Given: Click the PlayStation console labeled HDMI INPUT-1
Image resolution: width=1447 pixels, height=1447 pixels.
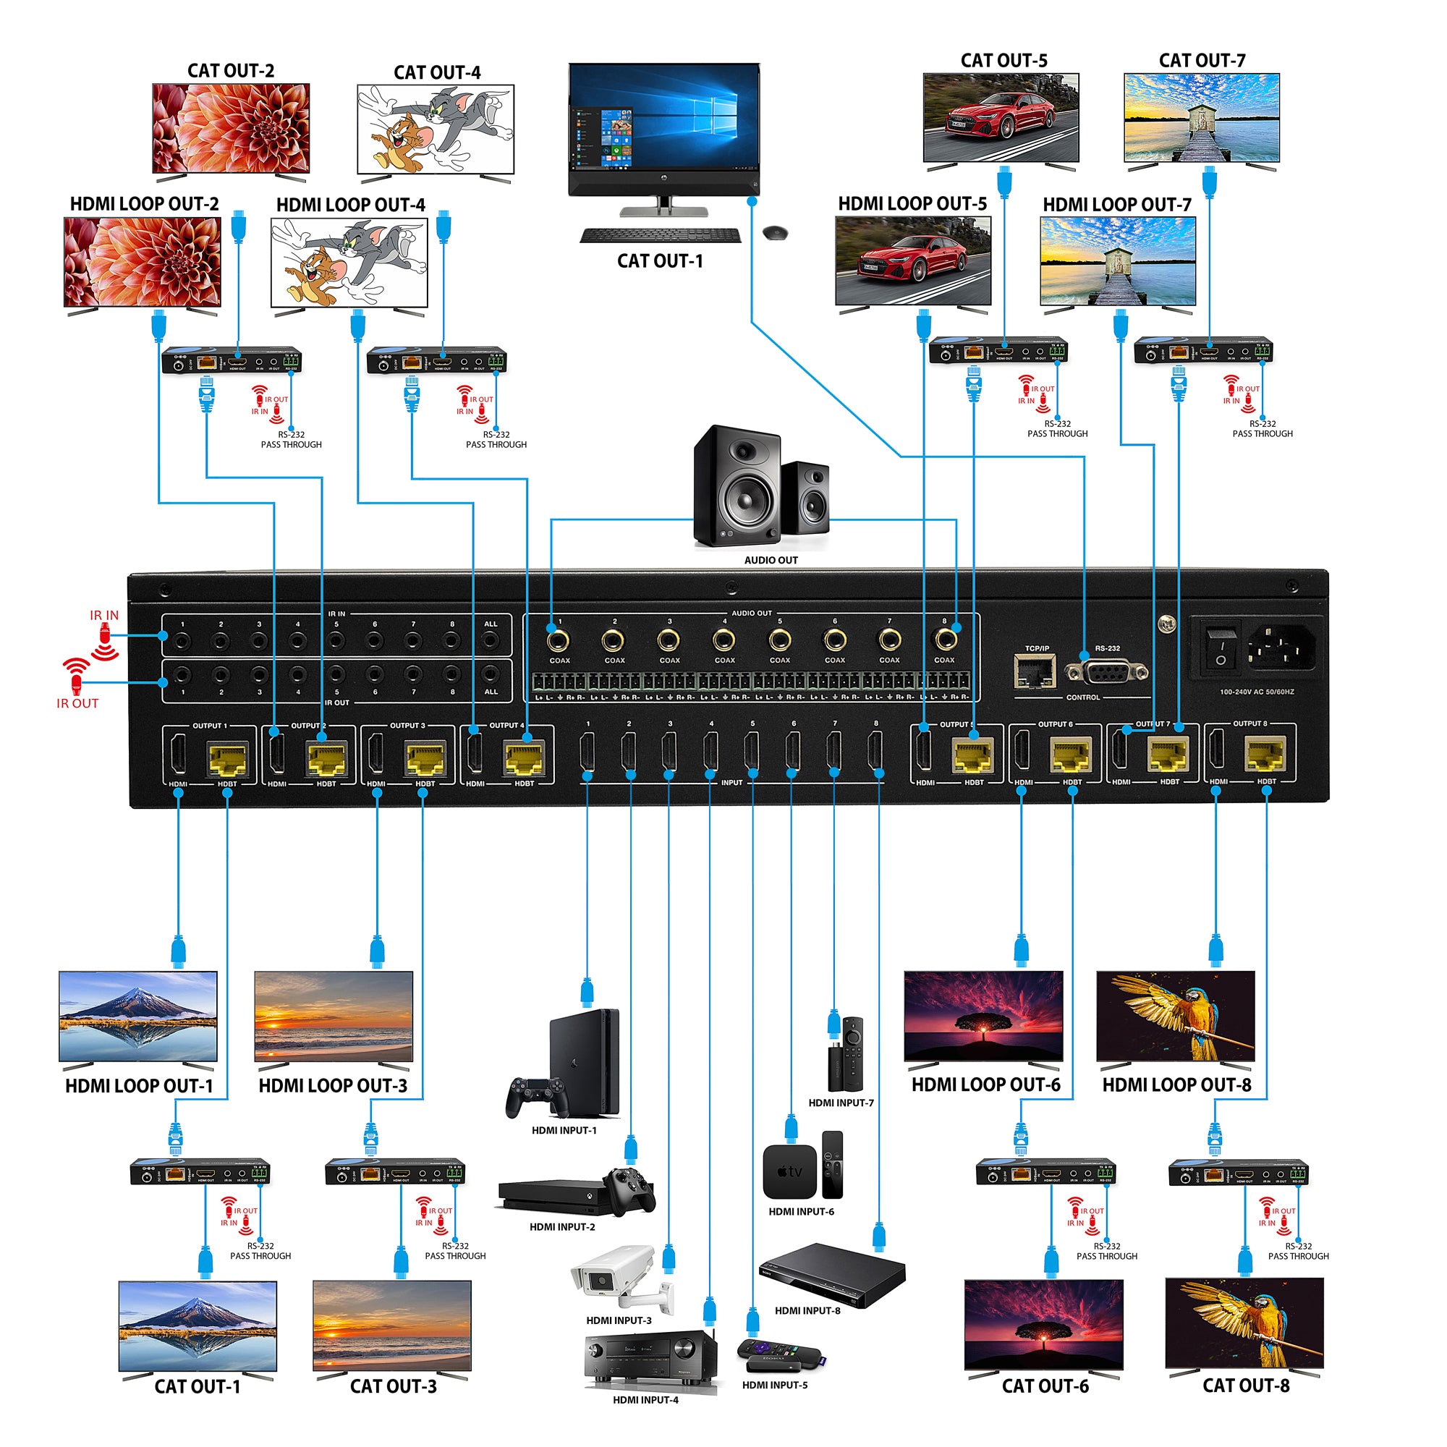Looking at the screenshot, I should tap(583, 1064).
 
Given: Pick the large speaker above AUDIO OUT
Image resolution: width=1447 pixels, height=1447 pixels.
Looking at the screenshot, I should tap(737, 486).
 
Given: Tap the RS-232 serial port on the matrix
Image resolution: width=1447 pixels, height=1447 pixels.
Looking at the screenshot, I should tap(1106, 672).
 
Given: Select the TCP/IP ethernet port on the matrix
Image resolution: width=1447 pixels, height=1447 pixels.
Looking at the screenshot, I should tap(1036, 671).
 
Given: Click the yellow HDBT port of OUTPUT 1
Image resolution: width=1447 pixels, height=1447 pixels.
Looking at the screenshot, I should tap(227, 760).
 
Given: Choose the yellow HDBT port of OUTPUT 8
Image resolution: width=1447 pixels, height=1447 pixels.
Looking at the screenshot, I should tap(1265, 756).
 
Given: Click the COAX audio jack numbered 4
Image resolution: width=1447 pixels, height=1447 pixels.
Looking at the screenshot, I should tap(723, 641).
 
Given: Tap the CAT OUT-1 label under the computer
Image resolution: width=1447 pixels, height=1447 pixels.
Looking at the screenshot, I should tap(659, 261).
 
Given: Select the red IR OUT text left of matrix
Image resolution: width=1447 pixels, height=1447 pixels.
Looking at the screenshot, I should tap(77, 703).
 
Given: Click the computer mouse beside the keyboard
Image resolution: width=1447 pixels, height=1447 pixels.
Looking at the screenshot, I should tap(775, 233).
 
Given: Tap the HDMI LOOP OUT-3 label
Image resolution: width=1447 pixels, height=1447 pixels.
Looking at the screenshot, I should tap(333, 1086).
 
